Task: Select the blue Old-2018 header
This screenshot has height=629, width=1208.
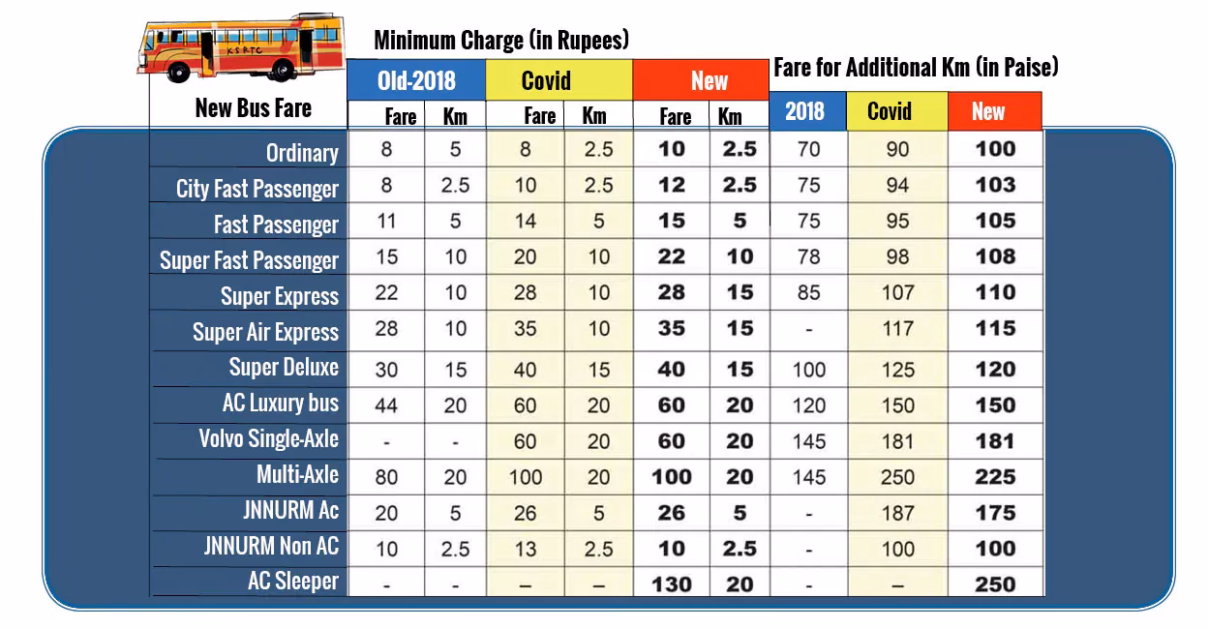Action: coord(416,80)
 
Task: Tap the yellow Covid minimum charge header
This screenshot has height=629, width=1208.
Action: coord(559,80)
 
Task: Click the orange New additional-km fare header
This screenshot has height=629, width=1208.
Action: coord(994,111)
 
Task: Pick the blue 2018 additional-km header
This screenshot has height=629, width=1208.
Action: coord(807,111)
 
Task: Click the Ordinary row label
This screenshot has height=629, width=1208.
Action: coord(302,153)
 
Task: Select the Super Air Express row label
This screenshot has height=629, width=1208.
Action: coord(265,332)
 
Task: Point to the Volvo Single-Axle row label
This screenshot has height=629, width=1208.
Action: coord(268,439)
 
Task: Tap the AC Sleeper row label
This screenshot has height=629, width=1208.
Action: coord(293,582)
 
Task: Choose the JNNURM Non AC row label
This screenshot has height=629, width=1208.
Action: coord(271,546)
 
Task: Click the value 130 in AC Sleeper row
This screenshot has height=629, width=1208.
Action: coord(671,584)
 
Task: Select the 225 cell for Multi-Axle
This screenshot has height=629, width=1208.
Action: coord(995,477)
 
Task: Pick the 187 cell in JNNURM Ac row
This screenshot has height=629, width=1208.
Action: coord(897,513)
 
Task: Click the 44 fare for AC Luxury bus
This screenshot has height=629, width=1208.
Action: coord(386,405)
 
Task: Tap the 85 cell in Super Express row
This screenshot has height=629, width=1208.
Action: coord(808,292)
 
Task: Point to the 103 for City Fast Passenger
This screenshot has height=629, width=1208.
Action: coord(995,185)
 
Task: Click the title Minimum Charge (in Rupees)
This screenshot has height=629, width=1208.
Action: coord(501,41)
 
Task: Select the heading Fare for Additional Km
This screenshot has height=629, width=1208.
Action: coord(915,68)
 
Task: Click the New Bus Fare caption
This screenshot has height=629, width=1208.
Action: coord(253,107)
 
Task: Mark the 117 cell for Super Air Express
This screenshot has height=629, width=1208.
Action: coord(897,329)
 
